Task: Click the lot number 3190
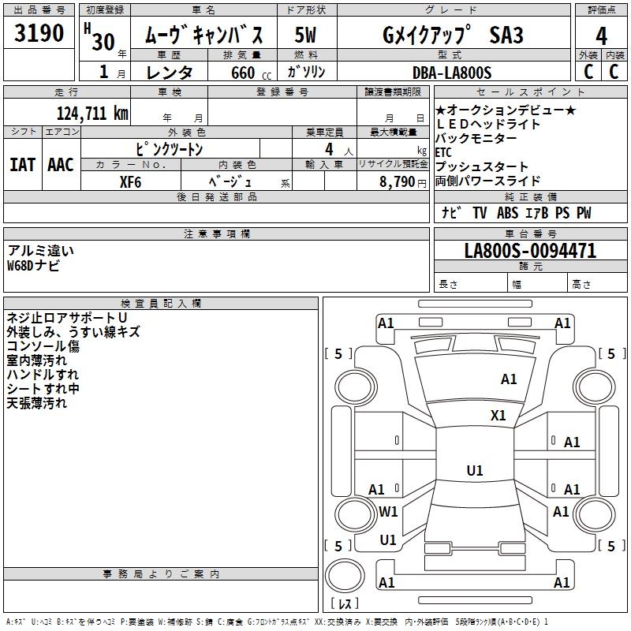[x=39, y=34]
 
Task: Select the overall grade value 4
[x=601, y=35]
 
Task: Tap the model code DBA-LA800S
[x=451, y=73]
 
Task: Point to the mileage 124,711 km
[x=92, y=113]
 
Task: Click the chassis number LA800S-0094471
[x=530, y=251]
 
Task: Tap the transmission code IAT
[x=21, y=165]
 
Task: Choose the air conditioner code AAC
[x=60, y=165]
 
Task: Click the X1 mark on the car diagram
[x=498, y=416]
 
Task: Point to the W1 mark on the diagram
[x=388, y=511]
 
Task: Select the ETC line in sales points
[x=444, y=152]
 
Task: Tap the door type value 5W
[x=306, y=35]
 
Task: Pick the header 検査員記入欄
[x=161, y=303]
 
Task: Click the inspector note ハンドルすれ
[x=43, y=375]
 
